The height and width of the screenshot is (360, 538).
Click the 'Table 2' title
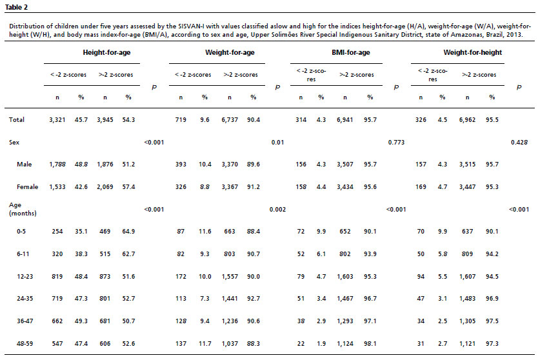click(x=16, y=7)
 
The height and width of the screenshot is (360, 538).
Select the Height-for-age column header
click(x=106, y=52)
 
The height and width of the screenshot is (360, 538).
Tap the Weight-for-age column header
click(x=230, y=52)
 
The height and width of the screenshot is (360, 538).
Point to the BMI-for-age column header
click(x=351, y=52)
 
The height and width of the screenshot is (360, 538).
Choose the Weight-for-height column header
click(x=472, y=52)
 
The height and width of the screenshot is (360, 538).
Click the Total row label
click(x=17, y=120)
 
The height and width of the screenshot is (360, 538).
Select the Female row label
click(x=28, y=187)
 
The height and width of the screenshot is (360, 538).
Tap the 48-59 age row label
click(x=25, y=343)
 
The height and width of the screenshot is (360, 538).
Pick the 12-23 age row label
click(x=25, y=276)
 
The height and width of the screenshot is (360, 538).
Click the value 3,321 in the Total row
click(x=57, y=120)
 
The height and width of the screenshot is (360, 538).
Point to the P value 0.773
click(x=396, y=142)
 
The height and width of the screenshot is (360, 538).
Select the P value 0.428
click(x=519, y=142)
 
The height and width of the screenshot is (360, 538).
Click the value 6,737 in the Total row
click(x=230, y=120)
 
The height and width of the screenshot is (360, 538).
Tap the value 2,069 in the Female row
click(x=105, y=187)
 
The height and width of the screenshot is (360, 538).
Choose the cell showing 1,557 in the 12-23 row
click(x=230, y=276)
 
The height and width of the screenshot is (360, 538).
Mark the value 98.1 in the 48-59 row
click(x=370, y=343)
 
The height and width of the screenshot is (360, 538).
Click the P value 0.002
click(x=277, y=209)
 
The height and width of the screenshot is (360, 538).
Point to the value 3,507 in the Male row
click(x=345, y=165)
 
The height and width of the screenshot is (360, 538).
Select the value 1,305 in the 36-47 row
click(x=467, y=321)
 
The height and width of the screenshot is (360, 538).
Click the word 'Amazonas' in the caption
click(x=466, y=35)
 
